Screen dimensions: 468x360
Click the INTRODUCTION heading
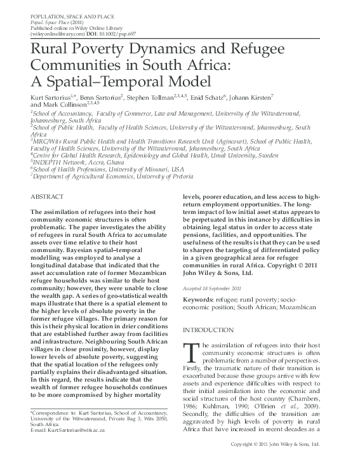[x=208, y=330]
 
